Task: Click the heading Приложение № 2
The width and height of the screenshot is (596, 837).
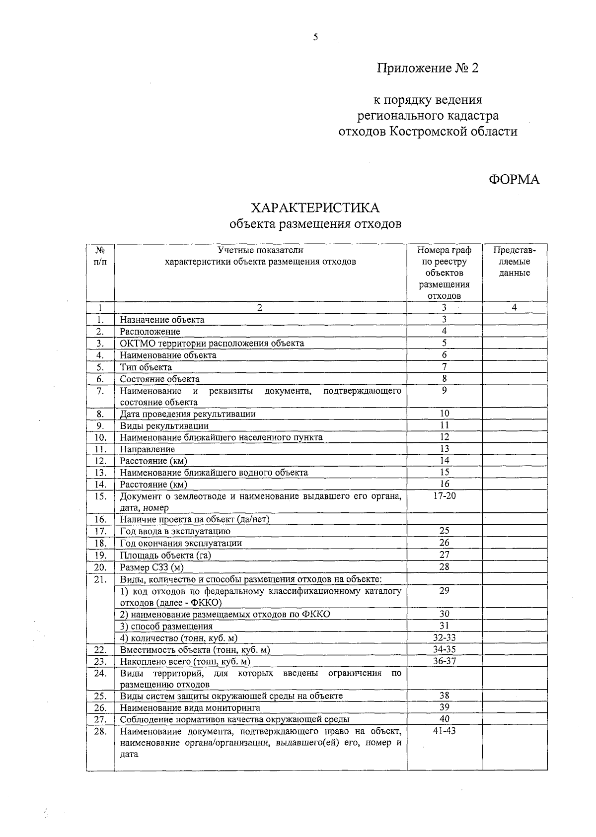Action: pos(427,68)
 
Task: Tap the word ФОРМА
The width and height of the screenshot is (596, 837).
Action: pos(514,180)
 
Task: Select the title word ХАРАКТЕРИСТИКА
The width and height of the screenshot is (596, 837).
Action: pos(315,208)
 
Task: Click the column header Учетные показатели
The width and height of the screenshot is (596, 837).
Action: pos(260,250)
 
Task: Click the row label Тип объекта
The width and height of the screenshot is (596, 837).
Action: pos(146,367)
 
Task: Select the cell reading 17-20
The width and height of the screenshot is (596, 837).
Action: pos(444,496)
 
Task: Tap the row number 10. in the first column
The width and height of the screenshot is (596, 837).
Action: pos(100,437)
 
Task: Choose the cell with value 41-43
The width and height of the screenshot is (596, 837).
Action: pos(444,731)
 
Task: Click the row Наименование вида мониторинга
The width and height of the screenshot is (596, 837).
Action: pos(190,708)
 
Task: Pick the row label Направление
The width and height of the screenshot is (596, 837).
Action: pos(147,449)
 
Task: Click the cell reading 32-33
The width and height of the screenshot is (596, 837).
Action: pos(444,638)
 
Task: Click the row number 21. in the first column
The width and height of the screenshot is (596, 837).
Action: pos(100,579)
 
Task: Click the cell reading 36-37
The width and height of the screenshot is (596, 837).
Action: pos(444,661)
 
